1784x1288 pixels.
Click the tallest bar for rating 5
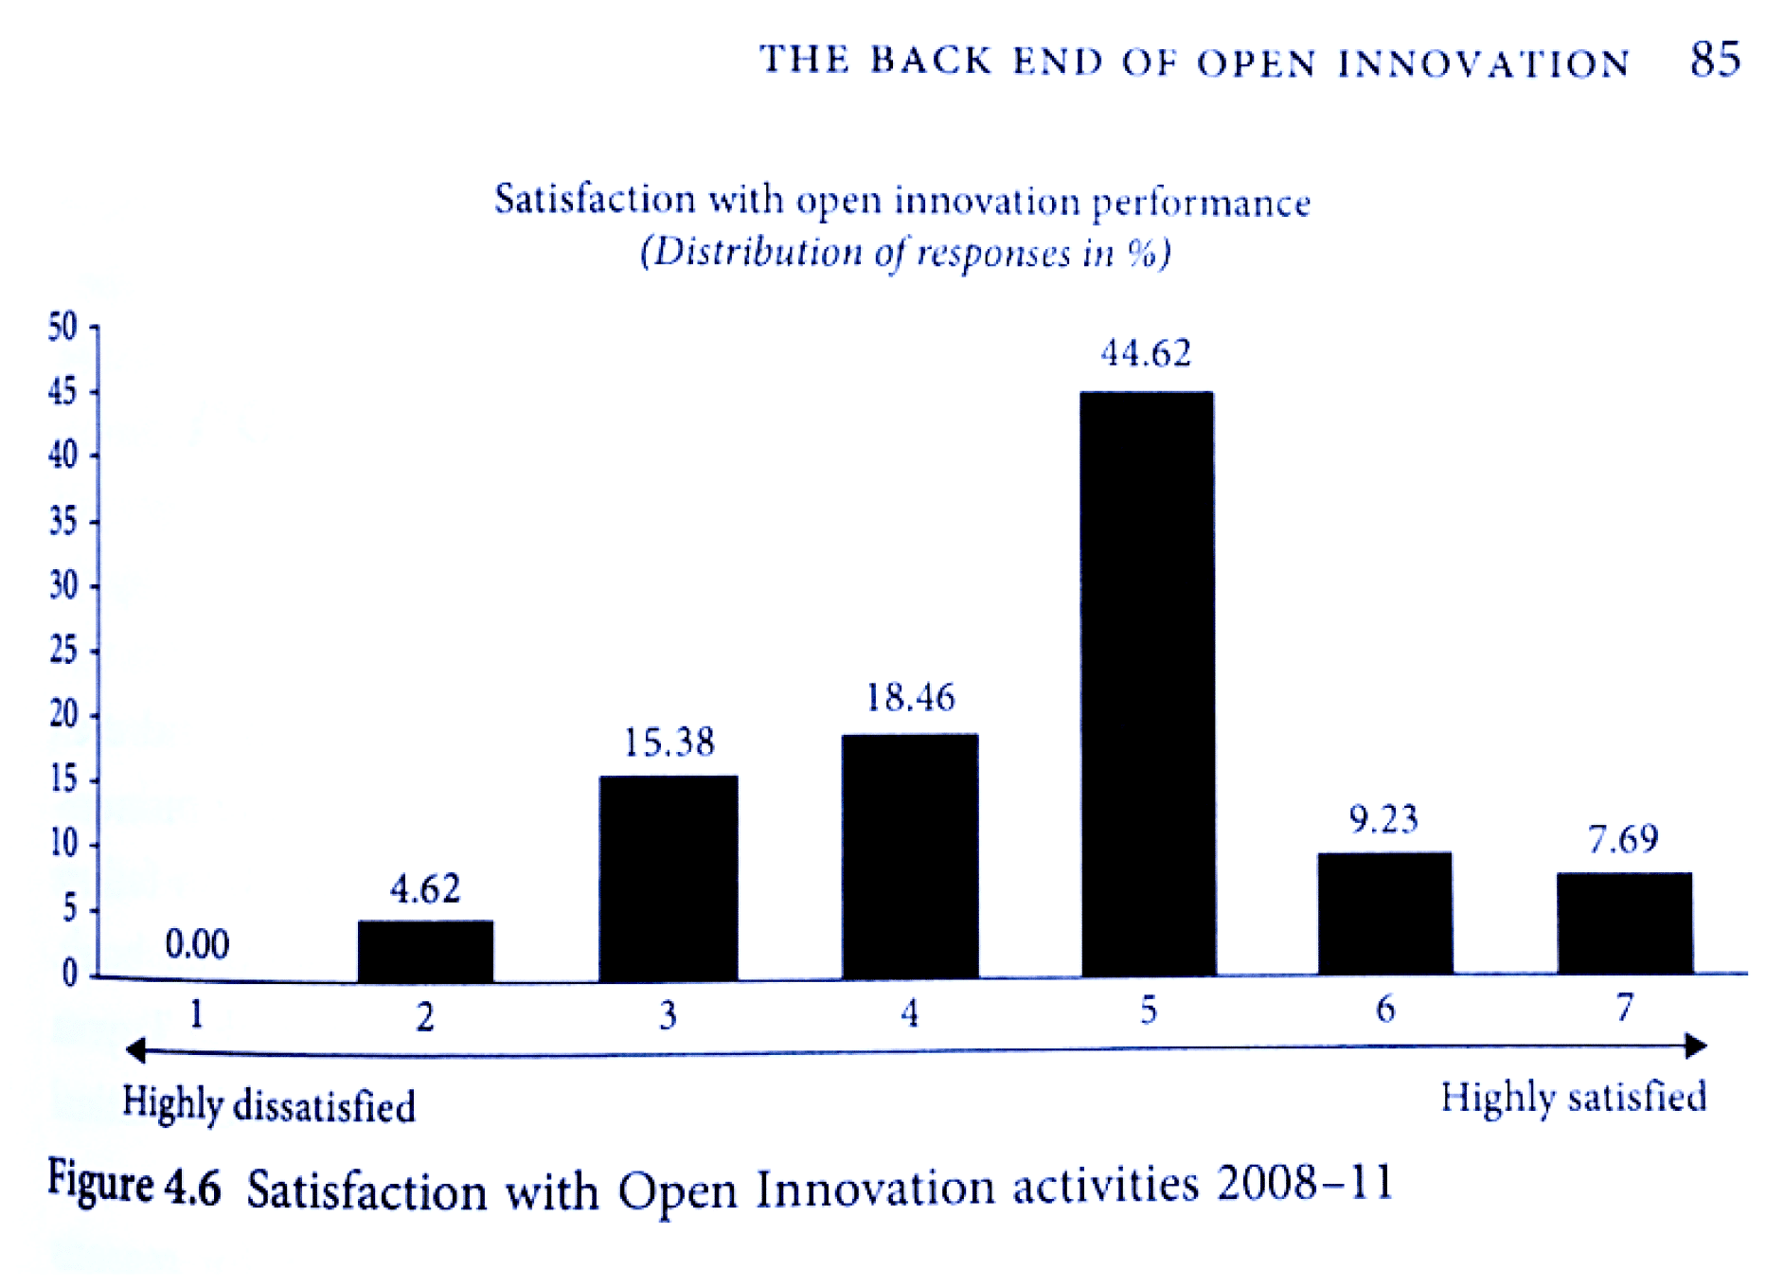(x=1147, y=682)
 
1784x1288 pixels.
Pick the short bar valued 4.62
(x=425, y=950)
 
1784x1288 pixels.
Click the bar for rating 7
(x=1624, y=923)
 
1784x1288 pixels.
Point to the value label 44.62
(x=1146, y=354)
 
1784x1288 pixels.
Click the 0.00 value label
(x=197, y=944)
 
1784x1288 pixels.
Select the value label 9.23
(x=1383, y=819)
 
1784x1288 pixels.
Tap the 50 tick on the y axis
(x=62, y=327)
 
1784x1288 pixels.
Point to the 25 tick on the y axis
(x=62, y=651)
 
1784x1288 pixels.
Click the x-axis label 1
(x=196, y=1014)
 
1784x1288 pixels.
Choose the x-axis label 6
(x=1385, y=1010)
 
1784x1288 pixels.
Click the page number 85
(x=1715, y=60)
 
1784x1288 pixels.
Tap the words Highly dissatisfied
(x=269, y=1105)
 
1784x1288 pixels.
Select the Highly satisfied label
(x=1573, y=1098)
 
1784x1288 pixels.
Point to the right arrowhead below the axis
(x=1696, y=1046)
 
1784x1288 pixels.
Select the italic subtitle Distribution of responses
(x=904, y=253)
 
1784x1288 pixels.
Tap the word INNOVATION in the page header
(x=1483, y=63)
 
